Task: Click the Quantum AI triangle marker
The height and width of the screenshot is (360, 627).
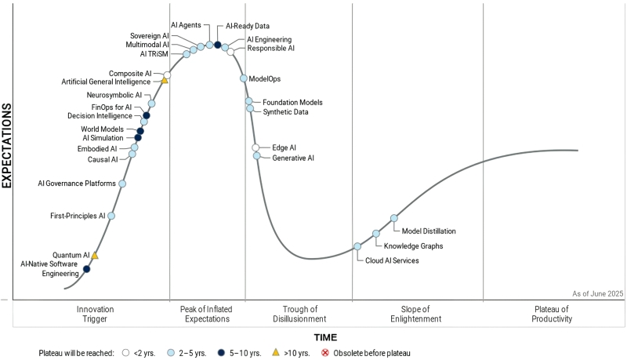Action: tap(95, 255)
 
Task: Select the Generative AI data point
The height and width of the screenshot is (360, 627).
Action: tap(257, 156)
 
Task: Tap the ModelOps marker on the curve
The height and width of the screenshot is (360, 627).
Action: tap(244, 78)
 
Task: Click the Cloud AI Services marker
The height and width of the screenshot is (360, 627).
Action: tap(357, 246)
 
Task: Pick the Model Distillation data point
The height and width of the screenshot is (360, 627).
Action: tap(394, 218)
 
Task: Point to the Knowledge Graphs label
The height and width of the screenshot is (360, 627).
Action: tap(413, 246)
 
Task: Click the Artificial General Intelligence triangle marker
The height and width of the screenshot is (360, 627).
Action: tap(165, 80)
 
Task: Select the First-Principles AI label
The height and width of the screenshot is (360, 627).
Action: tap(78, 216)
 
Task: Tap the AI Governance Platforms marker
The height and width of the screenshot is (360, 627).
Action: tap(122, 184)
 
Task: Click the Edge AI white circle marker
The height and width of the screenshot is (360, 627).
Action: tap(256, 147)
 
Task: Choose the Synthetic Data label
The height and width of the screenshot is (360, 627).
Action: tap(285, 112)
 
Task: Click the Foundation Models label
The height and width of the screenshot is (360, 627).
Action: tap(292, 103)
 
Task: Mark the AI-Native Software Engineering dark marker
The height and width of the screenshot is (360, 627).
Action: tap(86, 269)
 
